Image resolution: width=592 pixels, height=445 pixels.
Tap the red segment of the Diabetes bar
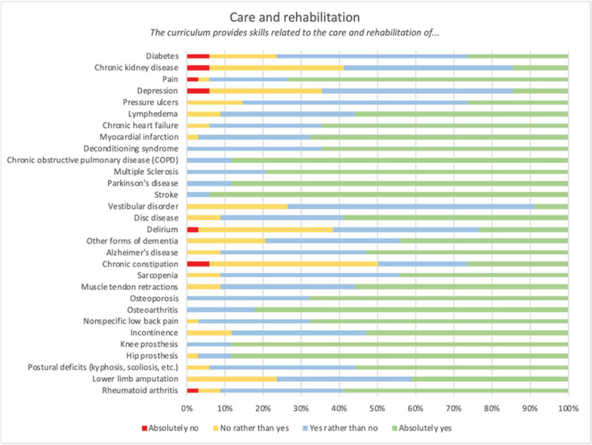(198, 56)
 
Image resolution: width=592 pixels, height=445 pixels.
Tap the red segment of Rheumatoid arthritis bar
(192, 389)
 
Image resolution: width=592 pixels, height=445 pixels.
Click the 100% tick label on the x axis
(568, 406)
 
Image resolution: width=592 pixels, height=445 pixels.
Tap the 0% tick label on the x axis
(186, 406)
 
